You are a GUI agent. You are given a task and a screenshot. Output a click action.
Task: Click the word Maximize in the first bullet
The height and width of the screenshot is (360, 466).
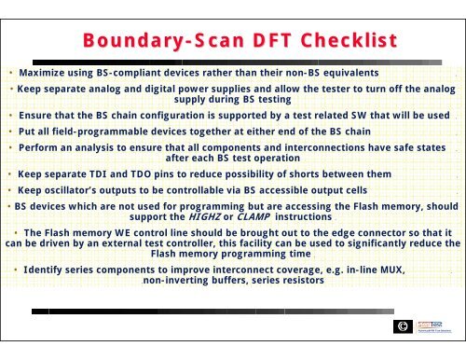[46, 72]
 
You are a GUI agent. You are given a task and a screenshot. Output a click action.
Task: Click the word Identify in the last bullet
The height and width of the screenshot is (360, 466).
[48, 269]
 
